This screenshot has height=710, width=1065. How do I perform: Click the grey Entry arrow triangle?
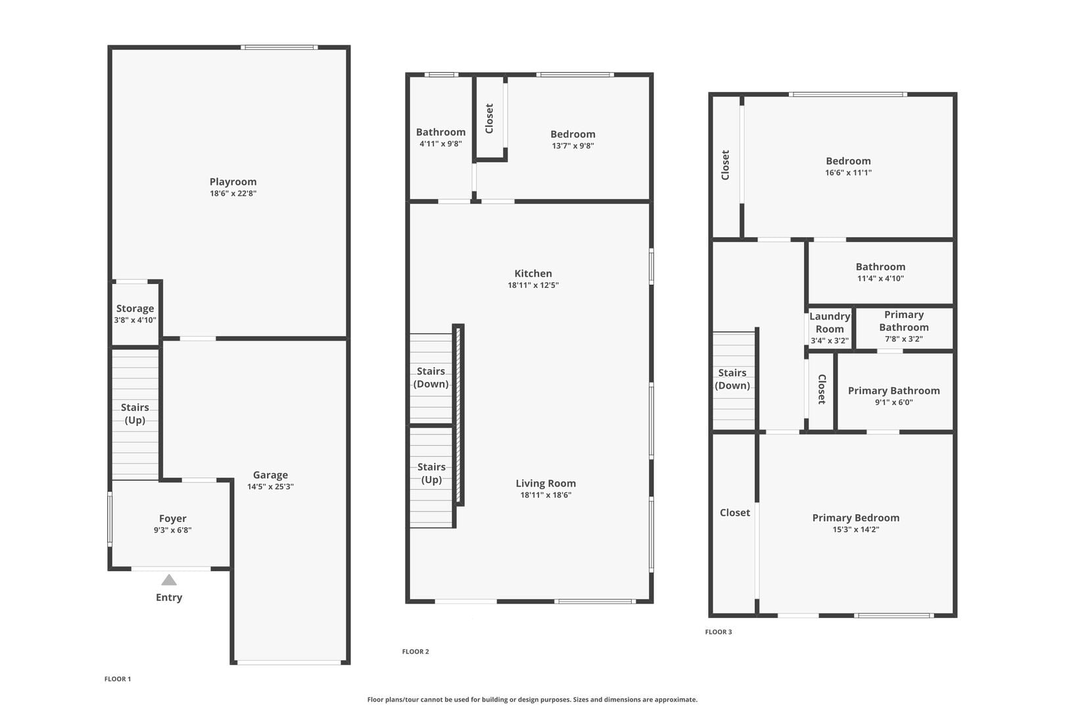pos(169,580)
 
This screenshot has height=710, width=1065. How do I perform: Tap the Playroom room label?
pos(233,181)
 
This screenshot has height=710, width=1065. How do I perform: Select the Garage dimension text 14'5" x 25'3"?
pos(271,486)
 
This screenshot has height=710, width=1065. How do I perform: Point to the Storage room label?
pos(135,308)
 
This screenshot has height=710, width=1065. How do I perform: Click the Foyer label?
pos(173,518)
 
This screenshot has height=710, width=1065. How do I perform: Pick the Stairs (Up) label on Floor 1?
pos(135,414)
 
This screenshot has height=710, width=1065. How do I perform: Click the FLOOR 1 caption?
pos(118,678)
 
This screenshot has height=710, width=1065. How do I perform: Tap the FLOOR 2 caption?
pos(415,651)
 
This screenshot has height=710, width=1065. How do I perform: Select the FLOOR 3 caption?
pos(719,632)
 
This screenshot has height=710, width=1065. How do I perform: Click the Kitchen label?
pos(533,273)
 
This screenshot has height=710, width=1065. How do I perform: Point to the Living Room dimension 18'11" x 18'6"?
pos(546,495)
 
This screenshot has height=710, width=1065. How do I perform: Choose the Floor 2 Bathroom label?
pos(440,132)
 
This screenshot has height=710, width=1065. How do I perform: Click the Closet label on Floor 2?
pos(489,118)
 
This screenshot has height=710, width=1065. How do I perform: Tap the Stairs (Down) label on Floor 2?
pos(431,377)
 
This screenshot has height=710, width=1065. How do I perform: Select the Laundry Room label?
pos(830,322)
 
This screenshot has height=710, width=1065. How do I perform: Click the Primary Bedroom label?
pos(856,518)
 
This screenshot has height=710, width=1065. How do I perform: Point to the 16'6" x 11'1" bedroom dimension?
pos(848,173)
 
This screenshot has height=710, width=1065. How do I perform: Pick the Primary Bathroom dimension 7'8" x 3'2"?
pos(904,339)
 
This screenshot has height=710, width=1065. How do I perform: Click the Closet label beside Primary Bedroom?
pos(734,513)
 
